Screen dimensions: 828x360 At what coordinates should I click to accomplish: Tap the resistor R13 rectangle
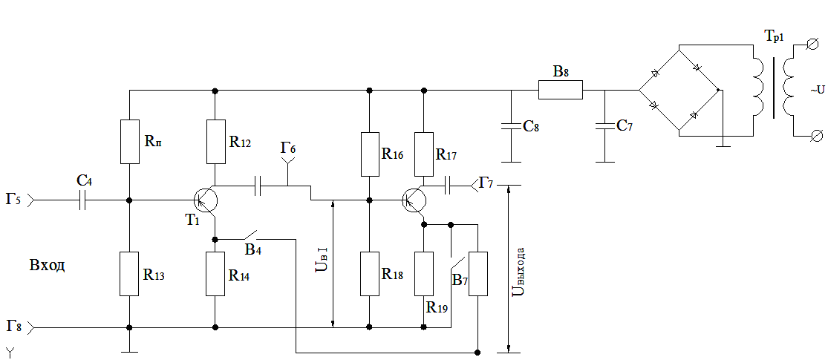(x=129, y=274)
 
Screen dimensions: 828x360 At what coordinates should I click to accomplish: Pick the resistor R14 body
(x=215, y=274)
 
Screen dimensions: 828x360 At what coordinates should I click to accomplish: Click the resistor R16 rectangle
(x=370, y=154)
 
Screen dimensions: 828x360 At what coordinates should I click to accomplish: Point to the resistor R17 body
(x=423, y=154)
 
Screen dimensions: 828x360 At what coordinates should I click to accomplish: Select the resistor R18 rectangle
(x=370, y=274)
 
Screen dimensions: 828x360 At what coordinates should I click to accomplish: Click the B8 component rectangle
(x=560, y=90)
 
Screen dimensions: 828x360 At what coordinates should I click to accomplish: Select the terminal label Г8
(x=15, y=325)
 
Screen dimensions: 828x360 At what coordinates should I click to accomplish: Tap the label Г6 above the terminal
(x=288, y=148)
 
